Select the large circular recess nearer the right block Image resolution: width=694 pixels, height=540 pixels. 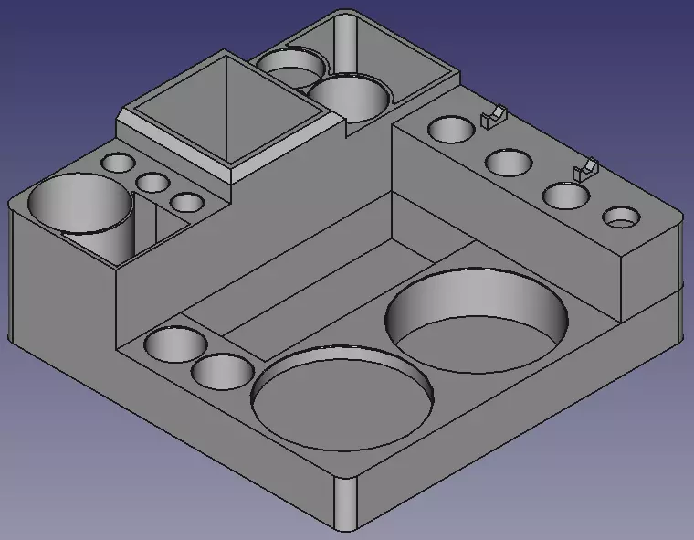[477, 319]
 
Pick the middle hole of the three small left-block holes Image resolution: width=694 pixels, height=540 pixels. [152, 182]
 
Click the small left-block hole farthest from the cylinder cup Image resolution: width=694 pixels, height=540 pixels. [118, 164]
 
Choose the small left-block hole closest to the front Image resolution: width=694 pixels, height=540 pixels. [187, 202]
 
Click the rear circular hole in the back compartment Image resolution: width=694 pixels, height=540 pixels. [291, 66]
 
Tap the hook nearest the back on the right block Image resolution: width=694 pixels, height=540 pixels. [493, 116]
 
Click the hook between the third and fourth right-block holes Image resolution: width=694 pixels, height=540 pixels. [584, 169]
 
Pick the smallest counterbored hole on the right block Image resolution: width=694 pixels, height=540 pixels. [622, 217]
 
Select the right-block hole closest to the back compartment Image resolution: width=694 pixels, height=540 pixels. [450, 129]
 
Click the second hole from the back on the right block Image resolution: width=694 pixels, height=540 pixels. [509, 163]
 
